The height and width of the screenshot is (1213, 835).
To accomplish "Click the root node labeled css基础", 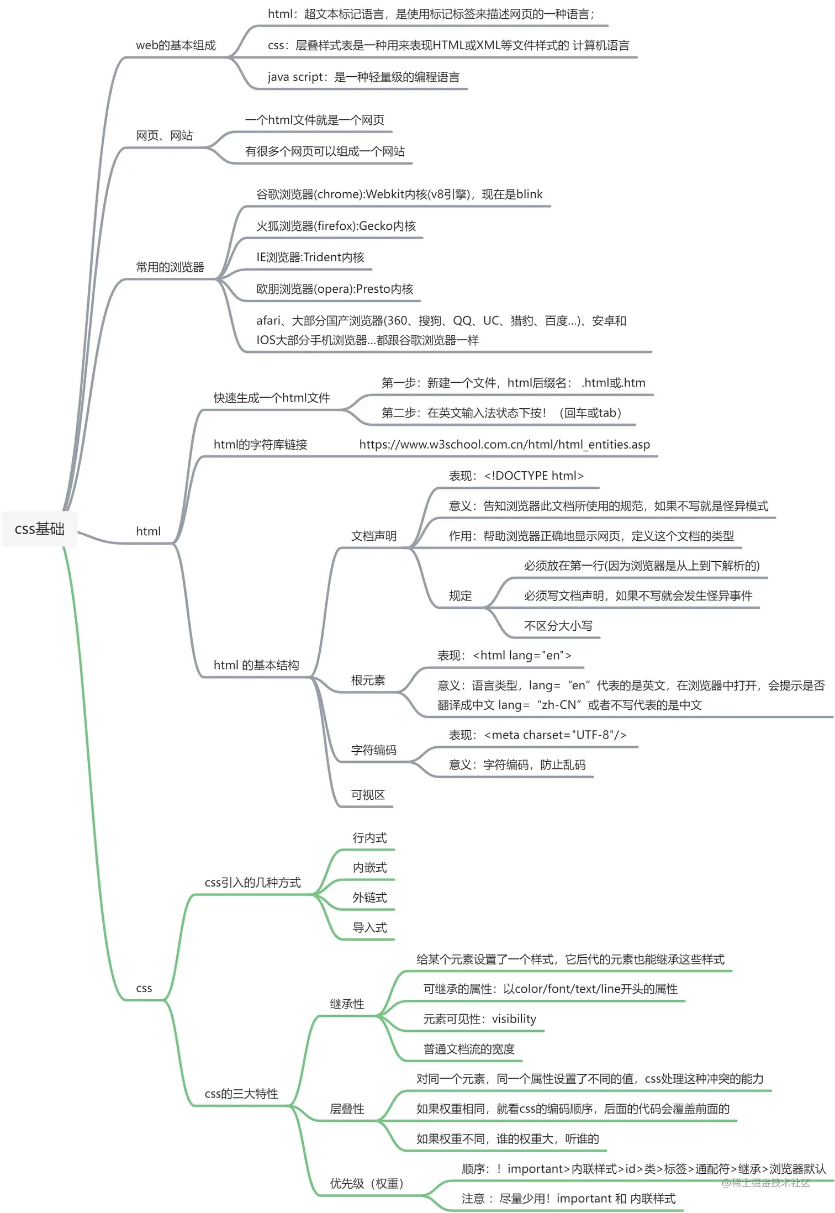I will tap(39, 529).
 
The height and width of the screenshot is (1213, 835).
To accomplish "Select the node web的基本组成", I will tap(176, 45).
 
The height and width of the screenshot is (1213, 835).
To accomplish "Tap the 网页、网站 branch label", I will tap(165, 135).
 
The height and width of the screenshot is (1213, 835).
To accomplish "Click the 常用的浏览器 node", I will tap(170, 267).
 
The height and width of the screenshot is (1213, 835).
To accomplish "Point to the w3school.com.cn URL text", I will tap(504, 445).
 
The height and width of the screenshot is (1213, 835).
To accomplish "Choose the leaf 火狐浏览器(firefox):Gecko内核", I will tap(336, 226).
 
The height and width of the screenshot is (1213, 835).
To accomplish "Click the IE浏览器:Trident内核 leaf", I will tap(310, 257).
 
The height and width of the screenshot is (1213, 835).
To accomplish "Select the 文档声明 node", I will tap(374, 536).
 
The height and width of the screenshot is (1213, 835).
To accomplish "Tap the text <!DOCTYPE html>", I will tap(533, 476).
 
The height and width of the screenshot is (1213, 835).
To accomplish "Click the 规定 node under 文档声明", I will tap(460, 596).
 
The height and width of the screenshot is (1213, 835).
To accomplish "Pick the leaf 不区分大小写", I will tap(558, 626).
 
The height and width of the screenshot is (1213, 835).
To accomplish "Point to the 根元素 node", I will tap(368, 681).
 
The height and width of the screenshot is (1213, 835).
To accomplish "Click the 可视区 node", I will tap(368, 795).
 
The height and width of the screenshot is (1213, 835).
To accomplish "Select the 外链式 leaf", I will tap(369, 898).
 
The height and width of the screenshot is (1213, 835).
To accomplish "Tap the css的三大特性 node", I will tap(241, 1094).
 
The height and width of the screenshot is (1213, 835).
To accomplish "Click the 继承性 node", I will tap(347, 1004).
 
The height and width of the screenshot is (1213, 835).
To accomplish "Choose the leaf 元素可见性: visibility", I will tap(479, 1019).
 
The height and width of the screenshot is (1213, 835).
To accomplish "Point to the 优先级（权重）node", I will tap(367, 1183).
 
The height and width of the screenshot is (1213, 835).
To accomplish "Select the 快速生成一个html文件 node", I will tap(272, 398).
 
